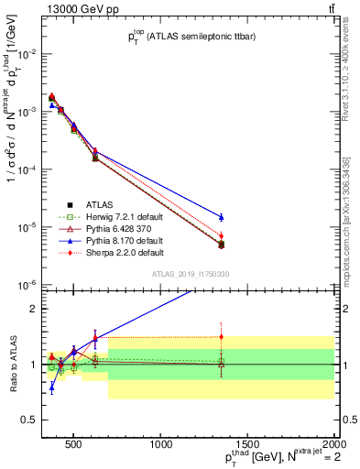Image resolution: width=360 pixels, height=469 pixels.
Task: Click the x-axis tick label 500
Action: click(x=75, y=446)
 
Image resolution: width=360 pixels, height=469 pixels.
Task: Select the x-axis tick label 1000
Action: click(x=161, y=446)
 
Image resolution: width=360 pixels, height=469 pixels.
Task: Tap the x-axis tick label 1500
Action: click(x=247, y=446)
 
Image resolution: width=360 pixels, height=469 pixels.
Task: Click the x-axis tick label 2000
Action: click(x=333, y=446)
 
